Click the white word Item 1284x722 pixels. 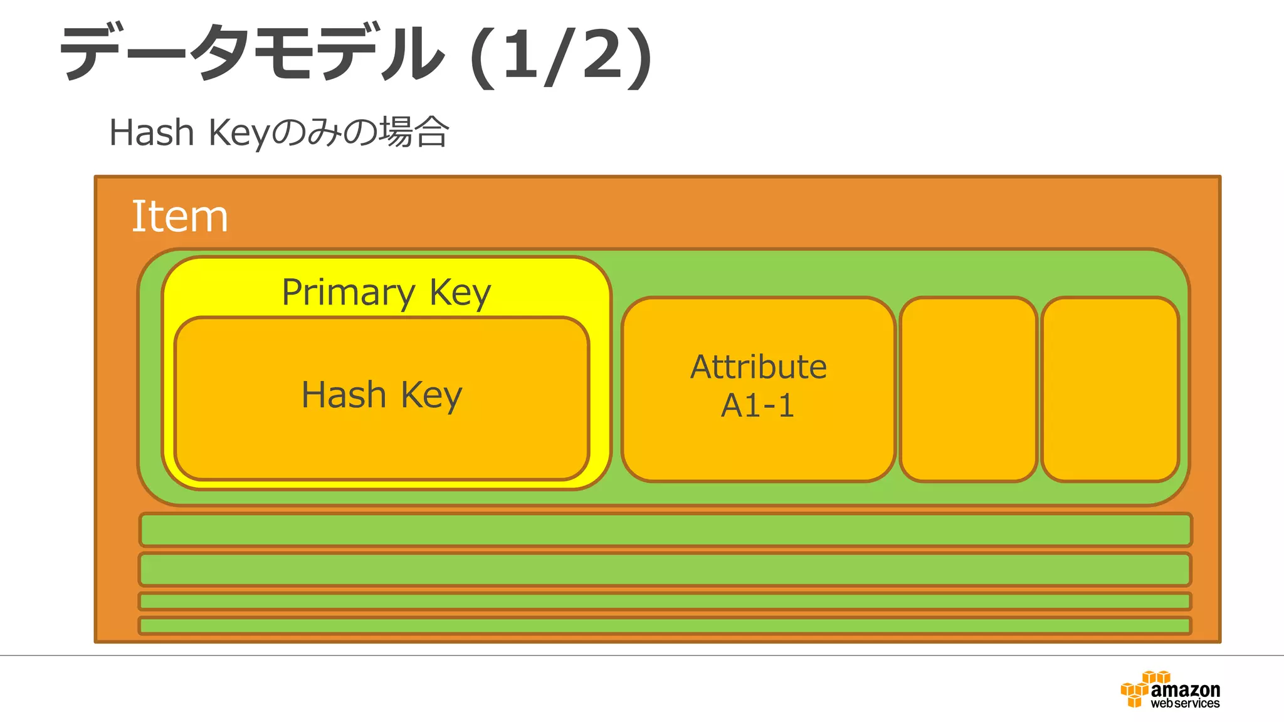(180, 217)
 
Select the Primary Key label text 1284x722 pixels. (386, 292)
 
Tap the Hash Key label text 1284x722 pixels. (382, 395)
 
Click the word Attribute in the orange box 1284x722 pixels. (759, 367)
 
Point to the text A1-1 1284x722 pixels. (758, 405)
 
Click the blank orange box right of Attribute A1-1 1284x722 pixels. (968, 389)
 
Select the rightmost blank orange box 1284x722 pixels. (1110, 389)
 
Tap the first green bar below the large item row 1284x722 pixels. (665, 530)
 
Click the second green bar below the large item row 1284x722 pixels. (665, 569)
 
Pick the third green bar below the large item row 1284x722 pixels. (665, 602)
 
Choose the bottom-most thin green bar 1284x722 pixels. (665, 625)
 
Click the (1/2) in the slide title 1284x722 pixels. (561, 55)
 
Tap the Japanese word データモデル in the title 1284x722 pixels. (251, 53)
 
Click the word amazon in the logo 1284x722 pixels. (1185, 690)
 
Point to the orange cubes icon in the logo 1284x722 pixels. (1137, 689)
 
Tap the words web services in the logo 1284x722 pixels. (1185, 704)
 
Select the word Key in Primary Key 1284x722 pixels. (460, 292)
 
